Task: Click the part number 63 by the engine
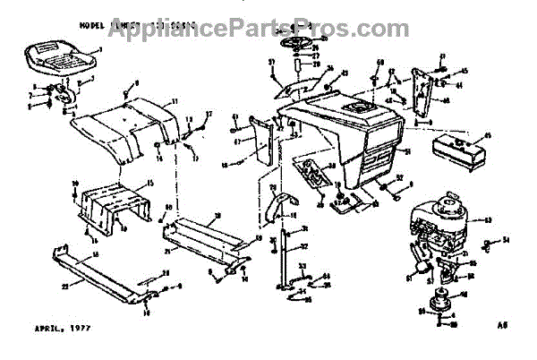pyautogui.click(x=489, y=218)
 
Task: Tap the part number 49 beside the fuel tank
pyautogui.click(x=489, y=136)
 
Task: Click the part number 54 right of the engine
pyautogui.click(x=506, y=240)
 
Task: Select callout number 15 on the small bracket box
pyautogui.click(x=150, y=183)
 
